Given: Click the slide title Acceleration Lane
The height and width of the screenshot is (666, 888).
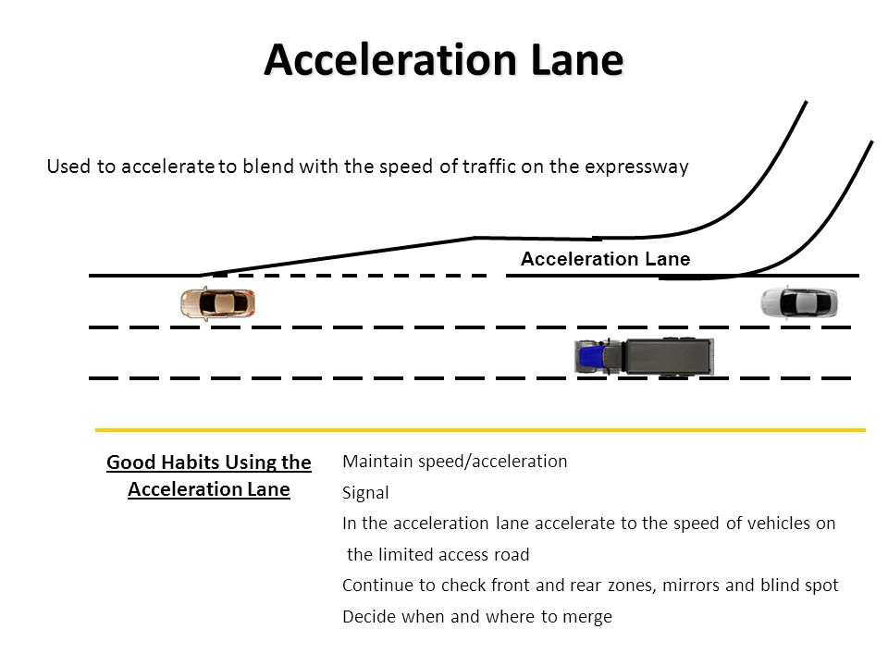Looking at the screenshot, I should coord(444,61).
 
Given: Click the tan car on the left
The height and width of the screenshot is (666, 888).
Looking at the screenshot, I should coord(217,302).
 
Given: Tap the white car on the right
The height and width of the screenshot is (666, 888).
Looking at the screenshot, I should coord(798,302).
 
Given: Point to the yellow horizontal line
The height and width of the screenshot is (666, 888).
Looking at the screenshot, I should coord(481,430).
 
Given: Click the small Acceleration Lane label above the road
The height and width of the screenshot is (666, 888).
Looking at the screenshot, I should coord(605,260).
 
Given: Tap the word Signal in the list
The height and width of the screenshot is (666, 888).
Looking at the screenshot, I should coord(364,493).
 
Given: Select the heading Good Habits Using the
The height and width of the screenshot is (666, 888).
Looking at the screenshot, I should coord(209,462).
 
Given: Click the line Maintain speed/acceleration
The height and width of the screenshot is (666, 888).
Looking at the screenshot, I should coord(454,462).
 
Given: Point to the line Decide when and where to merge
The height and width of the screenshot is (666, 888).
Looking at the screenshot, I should coord(476,617).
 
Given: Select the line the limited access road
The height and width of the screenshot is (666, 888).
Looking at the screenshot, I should coord(438,555).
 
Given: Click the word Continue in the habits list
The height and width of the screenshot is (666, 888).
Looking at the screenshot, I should coord(375,586).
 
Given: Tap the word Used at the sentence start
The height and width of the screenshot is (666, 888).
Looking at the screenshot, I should coord(66,167).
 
